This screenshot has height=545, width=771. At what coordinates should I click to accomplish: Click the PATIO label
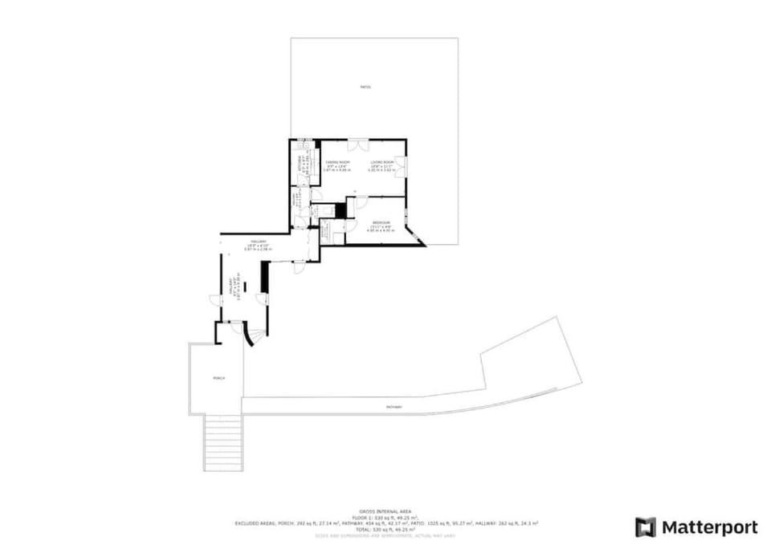point(365,87)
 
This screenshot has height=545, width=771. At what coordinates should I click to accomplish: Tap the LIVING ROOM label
point(381,162)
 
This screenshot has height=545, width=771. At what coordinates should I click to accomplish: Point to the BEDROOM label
point(381,222)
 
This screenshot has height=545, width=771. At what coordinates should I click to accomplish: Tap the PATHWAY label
point(394,407)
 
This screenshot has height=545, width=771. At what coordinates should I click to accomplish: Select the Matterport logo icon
point(646,527)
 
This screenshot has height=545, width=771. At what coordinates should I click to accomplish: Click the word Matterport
point(709,527)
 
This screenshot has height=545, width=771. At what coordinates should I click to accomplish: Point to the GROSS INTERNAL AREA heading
point(385,511)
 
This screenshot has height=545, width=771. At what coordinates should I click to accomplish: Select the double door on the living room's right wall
point(401,167)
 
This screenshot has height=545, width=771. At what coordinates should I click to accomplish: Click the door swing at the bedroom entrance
point(361,201)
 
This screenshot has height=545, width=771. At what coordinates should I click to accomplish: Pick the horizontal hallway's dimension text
point(259,248)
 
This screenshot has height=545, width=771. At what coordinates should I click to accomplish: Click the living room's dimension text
point(381,170)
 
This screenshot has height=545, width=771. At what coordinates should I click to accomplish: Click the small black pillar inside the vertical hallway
point(246,286)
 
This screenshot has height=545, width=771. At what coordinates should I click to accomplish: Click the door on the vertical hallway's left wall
point(214,300)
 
